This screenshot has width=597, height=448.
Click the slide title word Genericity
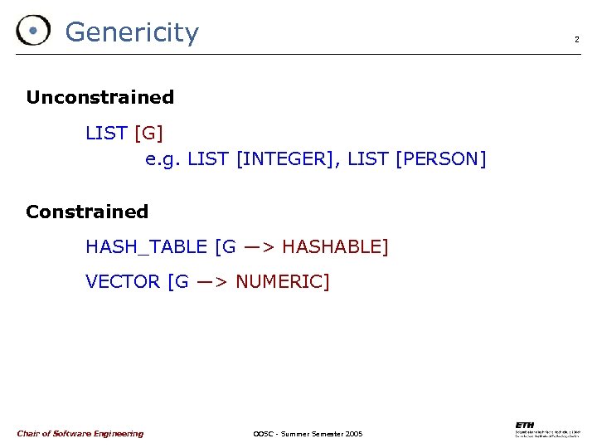coord(132,32)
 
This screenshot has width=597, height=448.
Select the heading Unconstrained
coord(100,97)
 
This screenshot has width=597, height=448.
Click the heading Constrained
coord(87,212)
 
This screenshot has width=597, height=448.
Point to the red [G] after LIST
coord(148,133)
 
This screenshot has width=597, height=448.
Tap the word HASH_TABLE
coord(146,246)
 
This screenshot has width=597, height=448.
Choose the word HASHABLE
coord(332,246)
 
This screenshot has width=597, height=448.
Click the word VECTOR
coord(123,281)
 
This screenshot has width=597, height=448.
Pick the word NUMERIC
coord(279,281)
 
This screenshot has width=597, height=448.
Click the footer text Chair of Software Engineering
coord(80,434)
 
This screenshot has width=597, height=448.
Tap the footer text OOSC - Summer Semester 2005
coord(307,434)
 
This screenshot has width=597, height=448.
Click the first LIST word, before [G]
coord(106,133)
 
